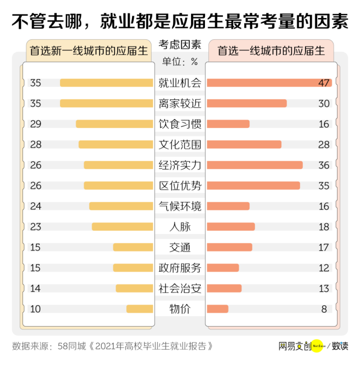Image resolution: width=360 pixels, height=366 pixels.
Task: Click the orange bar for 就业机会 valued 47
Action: tap(270, 83)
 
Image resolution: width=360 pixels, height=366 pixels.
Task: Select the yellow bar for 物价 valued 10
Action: tap(139, 309)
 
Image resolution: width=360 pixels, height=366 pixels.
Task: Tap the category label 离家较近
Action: tap(180, 103)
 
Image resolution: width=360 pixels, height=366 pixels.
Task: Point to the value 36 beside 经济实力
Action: tap(323, 165)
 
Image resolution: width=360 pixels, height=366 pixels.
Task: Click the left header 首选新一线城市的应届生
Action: tap(88, 51)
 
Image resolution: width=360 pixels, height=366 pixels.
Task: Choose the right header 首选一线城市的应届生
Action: tap(271, 51)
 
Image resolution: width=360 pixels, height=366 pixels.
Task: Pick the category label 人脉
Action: tap(180, 227)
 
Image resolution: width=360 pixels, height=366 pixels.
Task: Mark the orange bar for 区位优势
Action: tap(253, 185)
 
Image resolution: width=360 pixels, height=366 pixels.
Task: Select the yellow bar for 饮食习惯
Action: tap(115, 123)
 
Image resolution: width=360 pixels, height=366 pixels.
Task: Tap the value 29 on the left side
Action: tap(36, 123)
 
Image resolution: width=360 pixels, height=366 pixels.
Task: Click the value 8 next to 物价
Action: tap(324, 309)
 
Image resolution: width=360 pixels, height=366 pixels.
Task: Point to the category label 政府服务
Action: tap(180, 268)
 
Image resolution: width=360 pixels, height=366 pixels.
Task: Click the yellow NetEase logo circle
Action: tap(317, 346)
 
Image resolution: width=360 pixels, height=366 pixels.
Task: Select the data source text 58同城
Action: tap(71, 346)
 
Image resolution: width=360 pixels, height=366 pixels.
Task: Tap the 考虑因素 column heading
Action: tap(180, 45)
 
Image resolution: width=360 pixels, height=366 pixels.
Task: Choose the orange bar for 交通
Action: tap(229, 247)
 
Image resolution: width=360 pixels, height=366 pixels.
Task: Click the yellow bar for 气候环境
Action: tap(121, 206)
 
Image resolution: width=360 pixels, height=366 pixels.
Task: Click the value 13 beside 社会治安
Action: tap(323, 289)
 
